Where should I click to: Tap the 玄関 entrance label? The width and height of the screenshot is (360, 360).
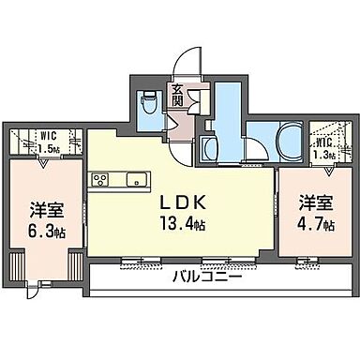point(178,95)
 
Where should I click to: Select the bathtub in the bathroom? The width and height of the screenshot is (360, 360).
point(282,142)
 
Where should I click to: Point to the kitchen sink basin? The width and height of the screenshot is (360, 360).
point(130,177)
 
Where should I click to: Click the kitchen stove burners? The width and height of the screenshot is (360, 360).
point(99,177)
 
